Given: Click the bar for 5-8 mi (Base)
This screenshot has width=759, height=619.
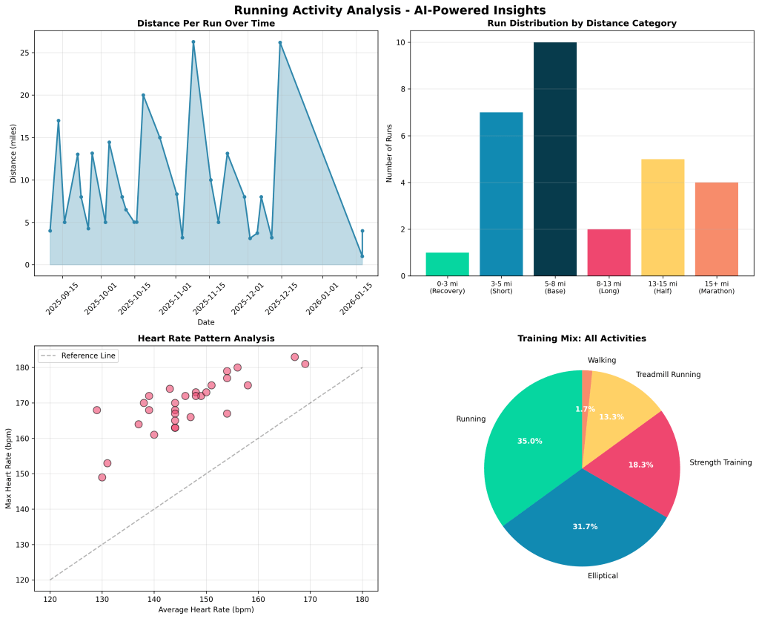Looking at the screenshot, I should tap(555, 159).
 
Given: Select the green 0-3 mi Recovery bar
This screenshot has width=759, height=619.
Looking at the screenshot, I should tap(447, 264).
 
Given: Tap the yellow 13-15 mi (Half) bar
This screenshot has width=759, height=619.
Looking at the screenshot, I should tap(663, 217).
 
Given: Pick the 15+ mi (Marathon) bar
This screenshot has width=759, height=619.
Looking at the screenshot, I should tap(716, 229).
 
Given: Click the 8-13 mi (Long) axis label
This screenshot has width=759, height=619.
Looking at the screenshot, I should tap(609, 287).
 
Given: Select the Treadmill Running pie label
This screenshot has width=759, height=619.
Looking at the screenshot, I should tap(668, 375).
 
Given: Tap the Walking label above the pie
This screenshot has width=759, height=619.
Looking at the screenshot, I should tap(601, 361).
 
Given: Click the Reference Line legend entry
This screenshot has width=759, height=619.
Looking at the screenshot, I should tap(88, 356).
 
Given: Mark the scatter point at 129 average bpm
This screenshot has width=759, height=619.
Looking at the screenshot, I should tap(96, 410).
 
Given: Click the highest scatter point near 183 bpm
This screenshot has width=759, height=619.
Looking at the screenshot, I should tap(294, 357).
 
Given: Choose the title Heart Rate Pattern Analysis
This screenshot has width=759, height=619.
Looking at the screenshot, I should tap(206, 338).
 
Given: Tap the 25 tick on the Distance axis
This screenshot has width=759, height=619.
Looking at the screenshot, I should tap(24, 53).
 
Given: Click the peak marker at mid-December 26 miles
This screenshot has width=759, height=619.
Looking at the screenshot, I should tap(280, 42).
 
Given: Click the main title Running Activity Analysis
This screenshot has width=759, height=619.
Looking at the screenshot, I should tap(379, 10).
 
